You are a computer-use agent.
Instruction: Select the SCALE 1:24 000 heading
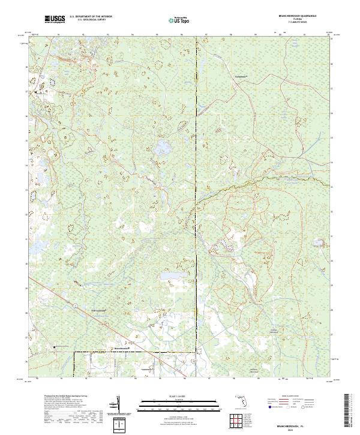[180, 395]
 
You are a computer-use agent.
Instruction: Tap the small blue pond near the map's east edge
[320, 242]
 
